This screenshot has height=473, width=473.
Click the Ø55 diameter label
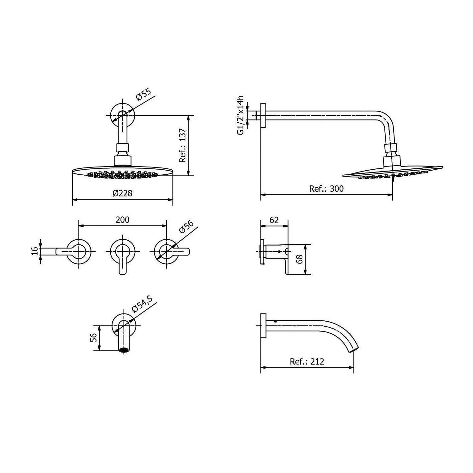[144, 94]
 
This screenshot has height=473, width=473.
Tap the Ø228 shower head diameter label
[122, 193]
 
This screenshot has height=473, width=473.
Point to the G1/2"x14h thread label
[241, 115]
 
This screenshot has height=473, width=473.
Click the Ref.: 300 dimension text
[326, 189]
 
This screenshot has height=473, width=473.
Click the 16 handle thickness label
[35, 251]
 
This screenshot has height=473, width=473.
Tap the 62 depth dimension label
[274, 220]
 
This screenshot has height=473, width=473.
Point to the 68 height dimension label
[300, 259]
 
